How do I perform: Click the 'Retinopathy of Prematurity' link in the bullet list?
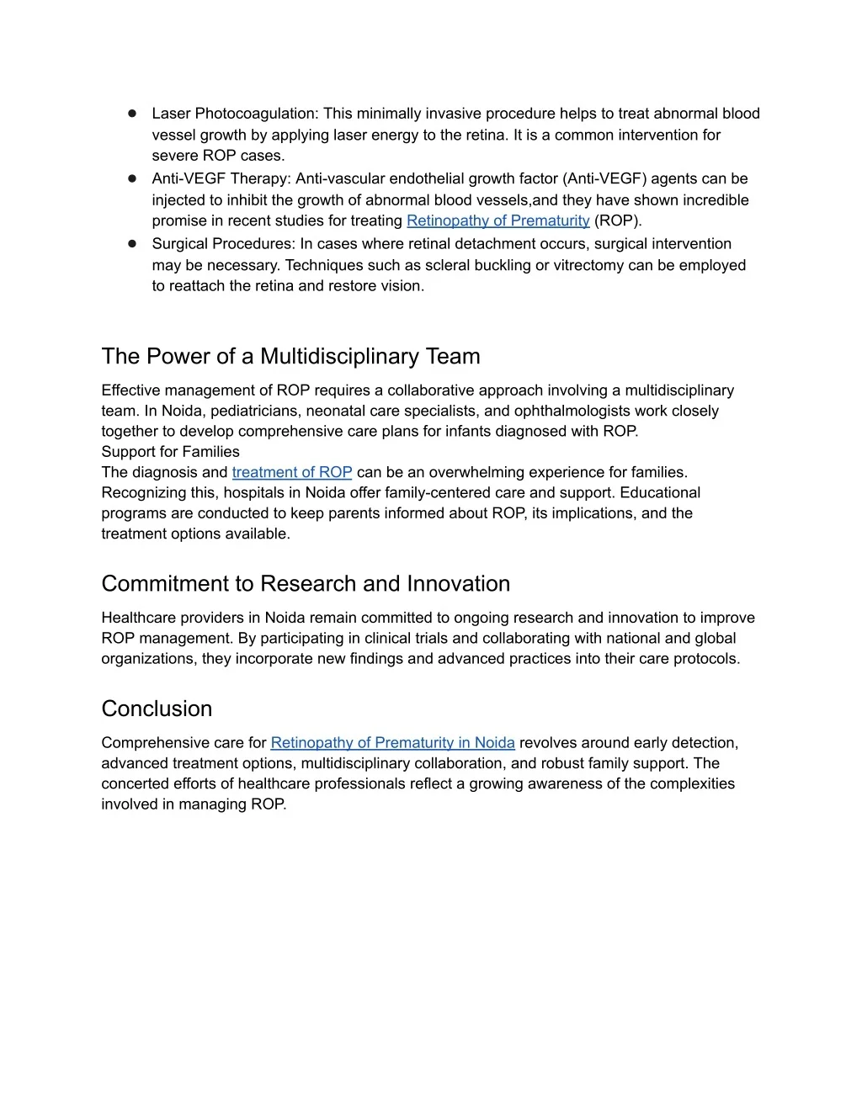click(498, 220)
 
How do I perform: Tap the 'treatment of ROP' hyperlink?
click(291, 472)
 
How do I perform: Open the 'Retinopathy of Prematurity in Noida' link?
click(392, 742)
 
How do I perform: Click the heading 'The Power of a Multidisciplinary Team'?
click(290, 356)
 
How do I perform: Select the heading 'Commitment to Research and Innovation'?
click(306, 583)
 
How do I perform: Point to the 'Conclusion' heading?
click(157, 709)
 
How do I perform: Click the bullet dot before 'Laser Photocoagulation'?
click(132, 113)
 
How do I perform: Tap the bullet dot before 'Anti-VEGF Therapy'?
click(132, 178)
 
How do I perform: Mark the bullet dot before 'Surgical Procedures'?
click(132, 243)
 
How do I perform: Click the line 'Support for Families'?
click(170, 452)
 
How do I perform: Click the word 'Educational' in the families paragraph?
click(660, 492)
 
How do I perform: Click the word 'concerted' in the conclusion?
click(135, 783)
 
